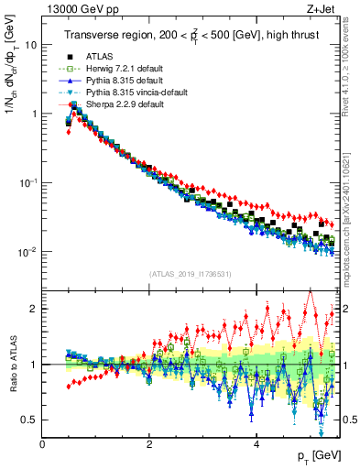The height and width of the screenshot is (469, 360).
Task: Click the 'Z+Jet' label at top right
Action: point(321,8)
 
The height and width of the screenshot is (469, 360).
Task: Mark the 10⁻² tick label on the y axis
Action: point(27,252)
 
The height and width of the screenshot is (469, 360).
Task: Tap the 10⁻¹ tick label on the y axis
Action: point(27,182)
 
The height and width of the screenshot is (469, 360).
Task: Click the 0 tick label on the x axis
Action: point(42,444)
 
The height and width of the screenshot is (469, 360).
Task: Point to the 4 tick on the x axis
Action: point(256,444)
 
